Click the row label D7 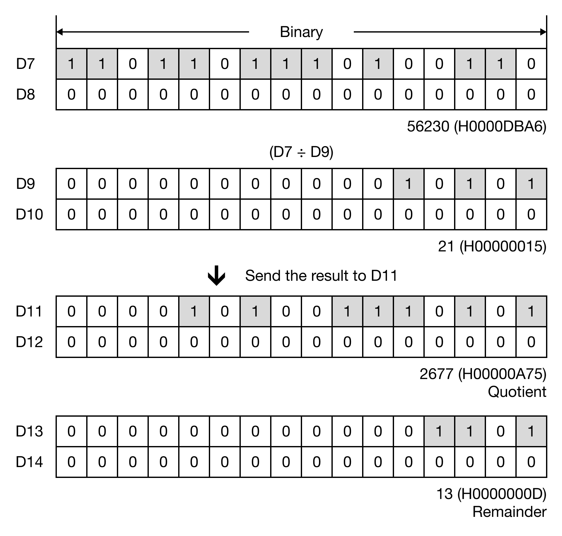(25, 64)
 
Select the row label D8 (25, 94)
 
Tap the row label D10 (29, 214)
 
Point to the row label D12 (29, 342)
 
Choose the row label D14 (29, 462)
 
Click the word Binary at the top (301, 32)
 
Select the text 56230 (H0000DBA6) (476, 127)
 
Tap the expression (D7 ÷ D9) (301, 152)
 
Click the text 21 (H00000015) (492, 246)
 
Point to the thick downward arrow (216, 275)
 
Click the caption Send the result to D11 (321, 276)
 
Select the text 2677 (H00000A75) (483, 374)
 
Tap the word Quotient (517, 392)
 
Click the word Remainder (509, 512)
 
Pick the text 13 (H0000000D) (491, 494)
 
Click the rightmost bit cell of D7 (531, 64)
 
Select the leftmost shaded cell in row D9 (409, 184)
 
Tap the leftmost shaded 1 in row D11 (194, 311)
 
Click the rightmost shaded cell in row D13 (531, 431)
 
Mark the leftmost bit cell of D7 (72, 64)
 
